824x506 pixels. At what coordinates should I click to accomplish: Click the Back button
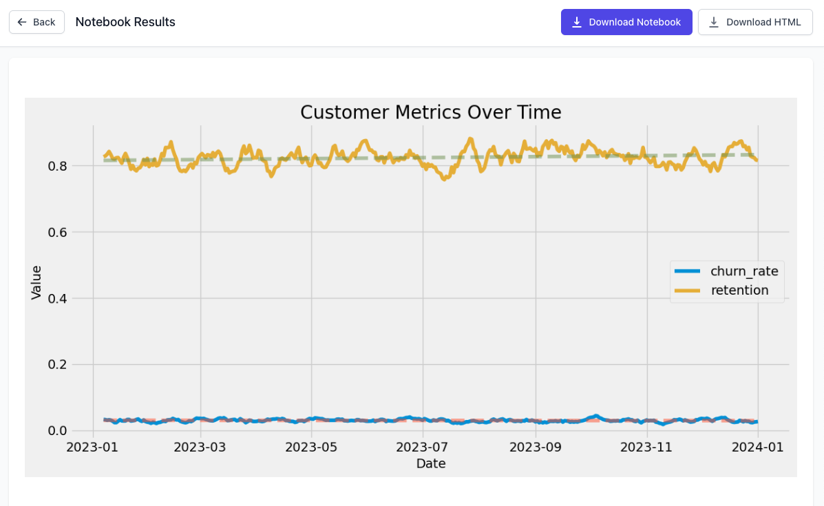[36, 22]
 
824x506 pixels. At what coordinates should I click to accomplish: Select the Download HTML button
[755, 22]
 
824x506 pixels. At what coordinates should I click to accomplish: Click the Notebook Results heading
[125, 22]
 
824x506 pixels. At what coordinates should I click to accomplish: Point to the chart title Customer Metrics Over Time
[430, 112]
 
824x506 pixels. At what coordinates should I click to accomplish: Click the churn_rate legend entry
[744, 271]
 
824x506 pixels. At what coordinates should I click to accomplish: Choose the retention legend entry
[739, 291]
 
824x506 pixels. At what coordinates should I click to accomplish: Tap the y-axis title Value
[36, 282]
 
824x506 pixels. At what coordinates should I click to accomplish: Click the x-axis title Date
[431, 464]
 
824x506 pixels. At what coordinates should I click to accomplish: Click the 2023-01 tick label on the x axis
[92, 447]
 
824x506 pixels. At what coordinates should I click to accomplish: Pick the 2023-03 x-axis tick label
[200, 447]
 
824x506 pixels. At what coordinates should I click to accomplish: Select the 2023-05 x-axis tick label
[311, 447]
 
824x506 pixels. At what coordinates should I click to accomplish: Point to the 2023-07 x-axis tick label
[423, 447]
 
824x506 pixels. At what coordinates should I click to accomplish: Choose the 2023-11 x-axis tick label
[646, 447]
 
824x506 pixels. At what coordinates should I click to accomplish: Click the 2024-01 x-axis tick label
[757, 447]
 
